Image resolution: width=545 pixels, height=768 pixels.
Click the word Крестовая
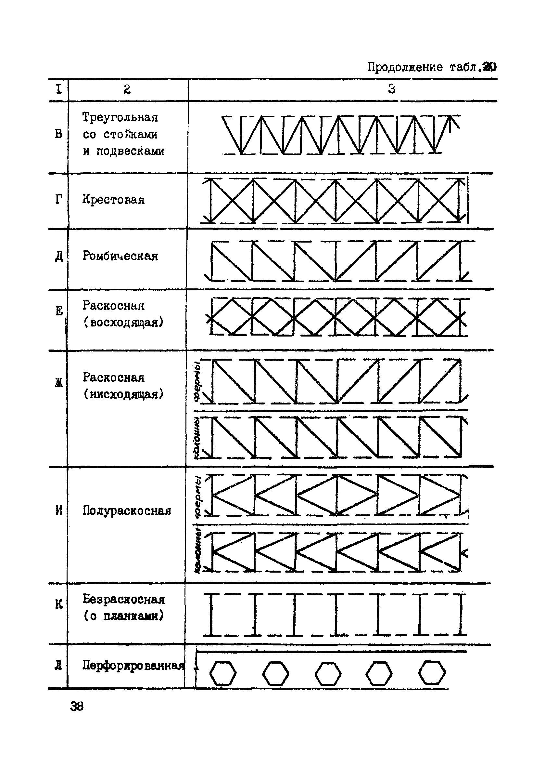click(x=113, y=200)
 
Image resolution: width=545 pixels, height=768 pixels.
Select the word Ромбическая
click(x=120, y=256)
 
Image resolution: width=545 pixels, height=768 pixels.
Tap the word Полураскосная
click(x=127, y=511)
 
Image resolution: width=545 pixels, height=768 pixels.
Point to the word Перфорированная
click(x=133, y=665)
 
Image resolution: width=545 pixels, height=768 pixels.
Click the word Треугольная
click(x=120, y=118)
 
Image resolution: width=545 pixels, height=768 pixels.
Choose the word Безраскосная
click(x=124, y=599)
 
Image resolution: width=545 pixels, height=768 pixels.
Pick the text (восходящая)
click(x=123, y=323)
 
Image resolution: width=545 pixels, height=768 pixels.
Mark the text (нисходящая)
click(x=123, y=394)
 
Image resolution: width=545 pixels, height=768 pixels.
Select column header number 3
click(x=392, y=89)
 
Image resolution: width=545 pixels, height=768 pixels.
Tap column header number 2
click(x=127, y=89)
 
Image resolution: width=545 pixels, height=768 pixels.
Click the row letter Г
click(x=58, y=200)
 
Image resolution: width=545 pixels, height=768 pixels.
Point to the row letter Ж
click(x=59, y=383)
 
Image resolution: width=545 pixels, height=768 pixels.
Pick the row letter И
click(x=59, y=511)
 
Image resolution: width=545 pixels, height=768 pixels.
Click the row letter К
click(x=59, y=605)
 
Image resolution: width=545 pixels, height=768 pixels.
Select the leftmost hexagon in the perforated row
click(x=222, y=673)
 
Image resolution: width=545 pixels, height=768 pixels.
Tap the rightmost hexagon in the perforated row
click(x=432, y=673)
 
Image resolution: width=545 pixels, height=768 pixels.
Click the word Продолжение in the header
click(x=405, y=67)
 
